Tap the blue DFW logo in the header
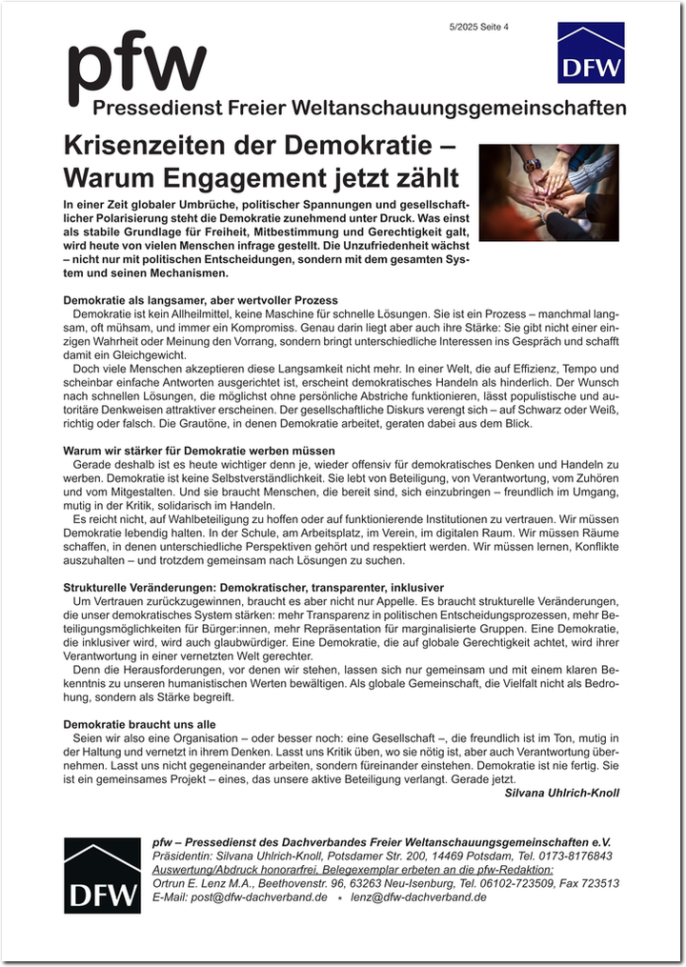tap(591, 53)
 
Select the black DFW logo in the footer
tap(102, 875)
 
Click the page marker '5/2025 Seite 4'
tap(479, 27)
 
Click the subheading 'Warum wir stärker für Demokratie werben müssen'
tap(198, 450)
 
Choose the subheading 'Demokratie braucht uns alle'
tap(139, 724)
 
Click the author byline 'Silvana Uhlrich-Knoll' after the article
tap(561, 793)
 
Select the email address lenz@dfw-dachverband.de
tap(418, 897)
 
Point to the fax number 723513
tap(599, 883)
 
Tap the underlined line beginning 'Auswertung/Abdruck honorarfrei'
tap(353, 870)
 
